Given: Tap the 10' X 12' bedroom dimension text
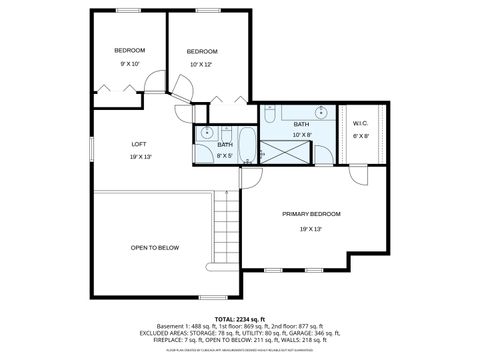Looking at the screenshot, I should [202, 65].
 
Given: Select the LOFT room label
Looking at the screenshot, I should [139, 143].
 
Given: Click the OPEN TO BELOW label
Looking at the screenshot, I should [154, 247].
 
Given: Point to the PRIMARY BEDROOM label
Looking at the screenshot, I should [311, 214].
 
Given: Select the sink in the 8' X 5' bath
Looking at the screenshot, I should [205, 133].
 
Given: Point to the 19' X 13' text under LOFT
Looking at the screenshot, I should [139, 156].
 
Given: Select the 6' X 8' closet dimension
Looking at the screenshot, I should [361, 136].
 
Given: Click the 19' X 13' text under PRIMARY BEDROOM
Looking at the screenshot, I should [311, 228].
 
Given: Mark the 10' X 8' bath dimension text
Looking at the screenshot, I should [302, 135].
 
